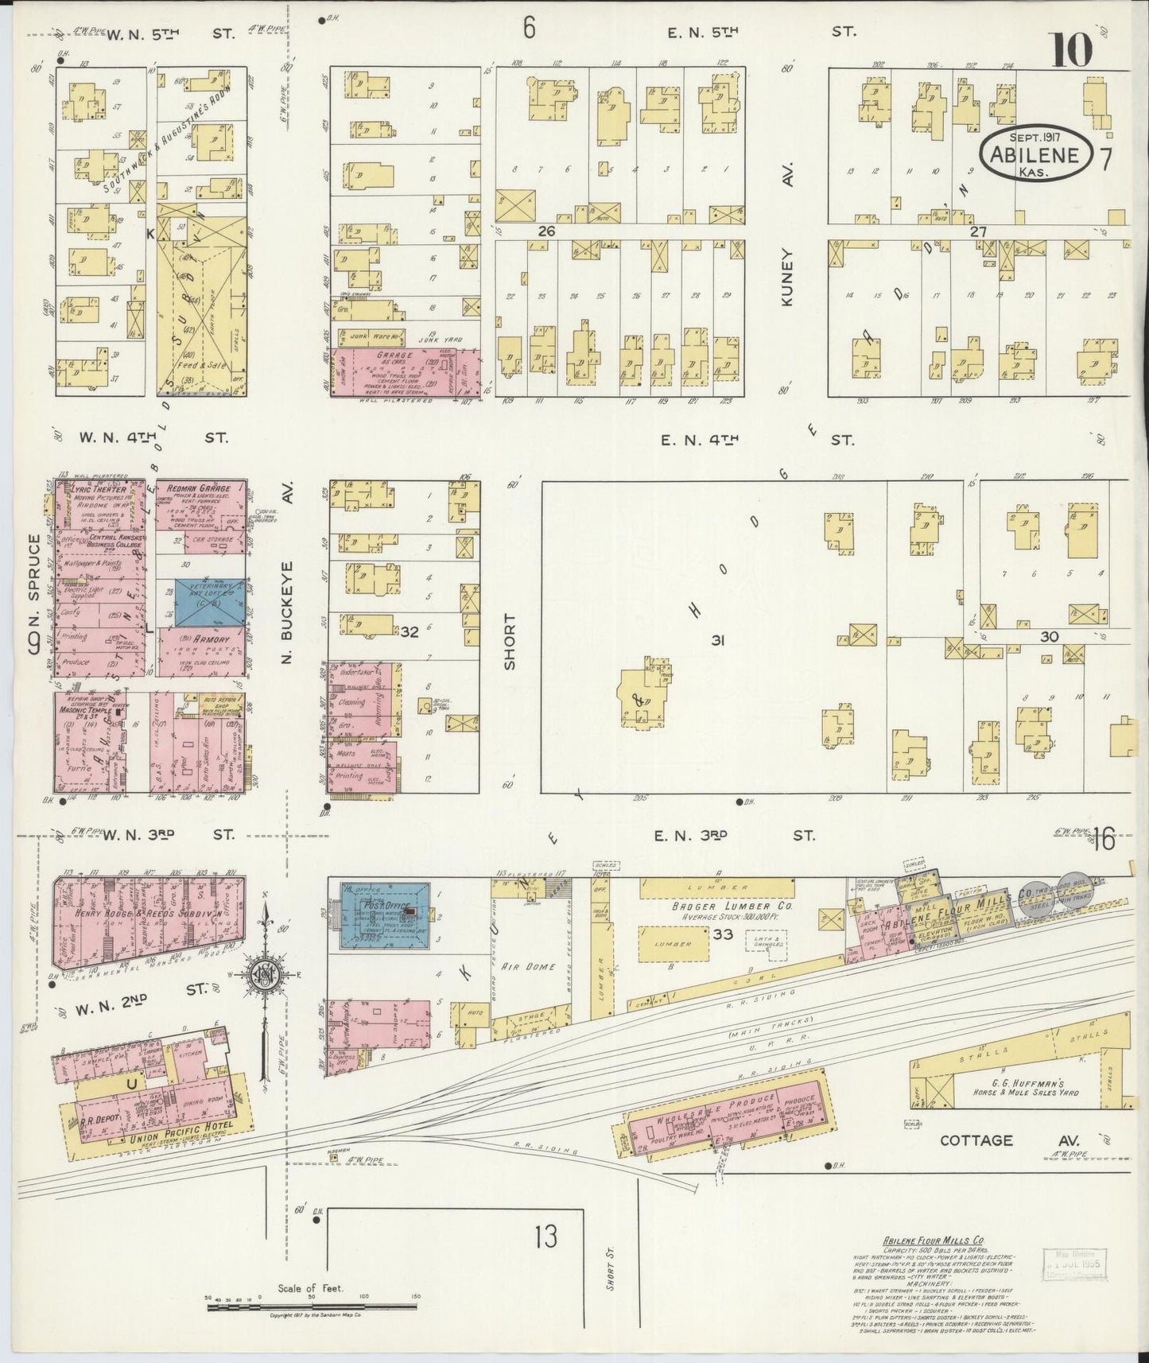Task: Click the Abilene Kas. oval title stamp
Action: point(1034,153)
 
